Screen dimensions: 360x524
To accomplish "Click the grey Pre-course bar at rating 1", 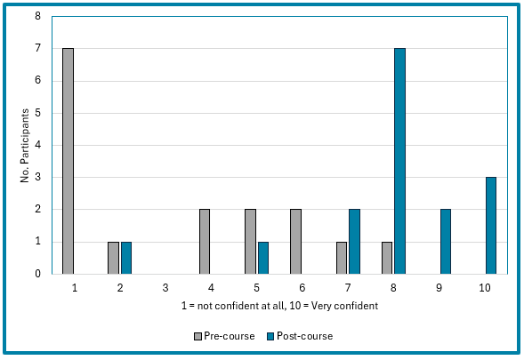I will pyautogui.click(x=68, y=161).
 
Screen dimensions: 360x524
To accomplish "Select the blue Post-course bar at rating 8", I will pyautogui.click(x=399, y=161).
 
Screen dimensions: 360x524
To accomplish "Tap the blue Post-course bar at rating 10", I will pyautogui.click(x=490, y=225).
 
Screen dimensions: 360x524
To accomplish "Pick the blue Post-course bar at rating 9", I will pyautogui.click(x=445, y=241).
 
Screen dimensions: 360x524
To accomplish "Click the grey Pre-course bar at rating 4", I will pyautogui.click(x=205, y=241).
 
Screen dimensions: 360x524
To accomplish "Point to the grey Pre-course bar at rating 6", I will pyautogui.click(x=295, y=241).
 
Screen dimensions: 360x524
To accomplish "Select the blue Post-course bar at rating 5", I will pyautogui.click(x=263, y=257).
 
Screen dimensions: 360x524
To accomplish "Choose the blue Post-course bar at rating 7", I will pyautogui.click(x=354, y=241).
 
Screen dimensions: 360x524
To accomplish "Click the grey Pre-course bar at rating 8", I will pyautogui.click(x=386, y=257).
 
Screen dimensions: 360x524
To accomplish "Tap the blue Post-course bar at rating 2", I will pyautogui.click(x=126, y=257).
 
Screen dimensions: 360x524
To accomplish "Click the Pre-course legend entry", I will pyautogui.click(x=224, y=336).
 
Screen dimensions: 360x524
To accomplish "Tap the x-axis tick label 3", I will pyautogui.click(x=165, y=288).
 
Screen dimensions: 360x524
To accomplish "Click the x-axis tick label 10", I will pyautogui.click(x=484, y=288).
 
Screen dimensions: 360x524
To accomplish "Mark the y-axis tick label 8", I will pyautogui.click(x=38, y=16).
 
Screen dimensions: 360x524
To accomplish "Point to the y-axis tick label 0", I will pyautogui.click(x=38, y=274).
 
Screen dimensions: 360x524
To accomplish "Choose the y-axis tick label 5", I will pyautogui.click(x=38, y=113).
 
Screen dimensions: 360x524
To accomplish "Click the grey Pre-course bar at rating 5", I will pyautogui.click(x=250, y=241).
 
